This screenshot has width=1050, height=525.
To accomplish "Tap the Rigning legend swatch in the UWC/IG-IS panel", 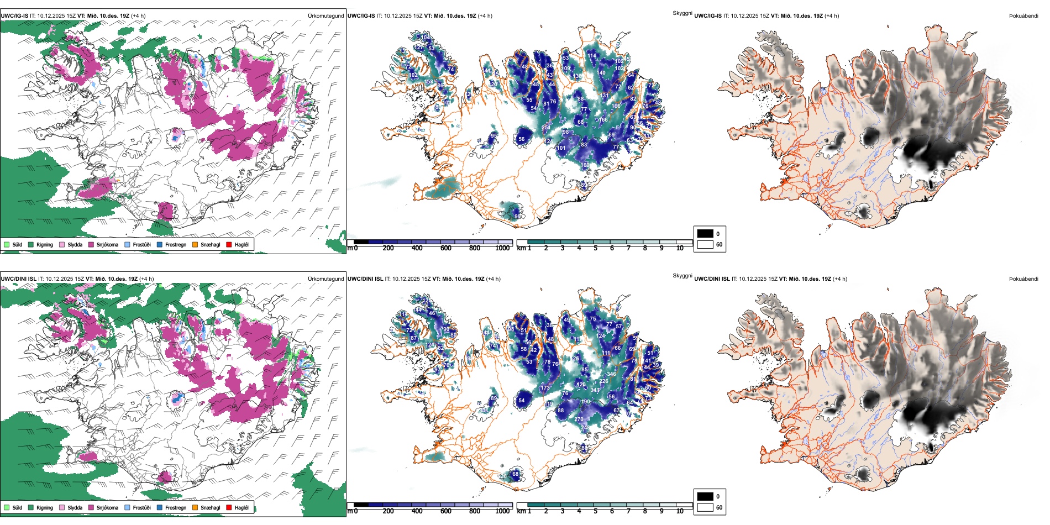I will coord(31,244).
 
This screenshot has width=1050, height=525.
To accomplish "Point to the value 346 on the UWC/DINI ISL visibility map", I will coord(611,374).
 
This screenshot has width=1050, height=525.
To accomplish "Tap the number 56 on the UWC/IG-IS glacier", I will coord(521,139).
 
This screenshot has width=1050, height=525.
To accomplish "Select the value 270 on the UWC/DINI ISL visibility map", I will coord(579,419).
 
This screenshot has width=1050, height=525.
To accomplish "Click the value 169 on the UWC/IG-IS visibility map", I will coord(585,165).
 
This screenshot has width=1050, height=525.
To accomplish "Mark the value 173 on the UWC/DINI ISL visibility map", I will coord(545,388).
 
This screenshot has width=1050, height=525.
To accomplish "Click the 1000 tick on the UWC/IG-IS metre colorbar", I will coord(502,248).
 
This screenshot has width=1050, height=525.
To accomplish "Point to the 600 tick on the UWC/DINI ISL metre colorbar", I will coord(446,511).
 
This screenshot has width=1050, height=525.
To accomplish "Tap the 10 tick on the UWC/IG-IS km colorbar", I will coord(680,248).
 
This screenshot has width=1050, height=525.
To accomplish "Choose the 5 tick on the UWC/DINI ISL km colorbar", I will coord(595,511).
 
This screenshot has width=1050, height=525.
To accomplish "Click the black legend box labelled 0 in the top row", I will coord(705,234).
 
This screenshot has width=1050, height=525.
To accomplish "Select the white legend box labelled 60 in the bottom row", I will coord(705,507).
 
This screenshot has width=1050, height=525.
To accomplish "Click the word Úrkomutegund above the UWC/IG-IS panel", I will coord(326,16).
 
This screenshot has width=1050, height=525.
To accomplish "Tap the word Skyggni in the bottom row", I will coord(682,276).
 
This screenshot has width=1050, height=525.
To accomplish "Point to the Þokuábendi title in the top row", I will coord(1023,16).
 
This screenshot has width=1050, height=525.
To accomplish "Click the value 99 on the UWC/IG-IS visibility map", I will coord(517,217).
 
